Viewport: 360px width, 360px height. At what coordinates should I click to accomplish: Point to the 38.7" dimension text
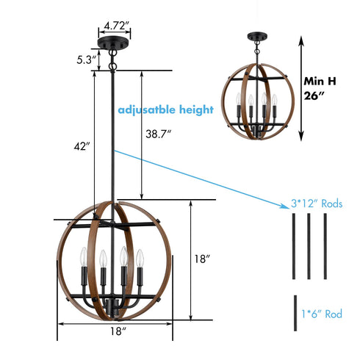pos(159,134)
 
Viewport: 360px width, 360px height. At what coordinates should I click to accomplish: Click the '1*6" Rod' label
pos(321,314)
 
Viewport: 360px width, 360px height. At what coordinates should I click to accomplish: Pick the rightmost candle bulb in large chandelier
pos(138,259)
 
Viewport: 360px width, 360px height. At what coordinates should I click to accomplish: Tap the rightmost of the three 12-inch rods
pos(325,246)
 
